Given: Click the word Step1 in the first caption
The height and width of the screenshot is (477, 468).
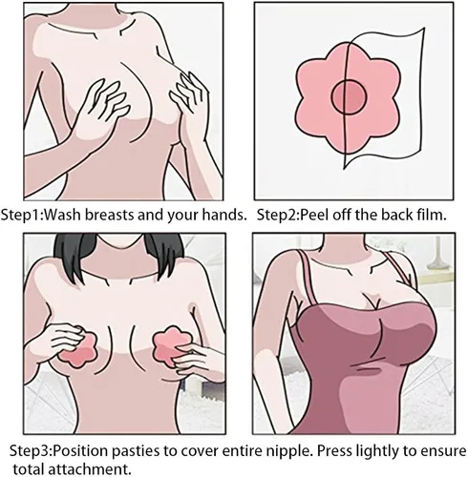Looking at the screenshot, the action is [x=20, y=215].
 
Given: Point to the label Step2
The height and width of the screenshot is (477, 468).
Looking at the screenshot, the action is [x=276, y=216].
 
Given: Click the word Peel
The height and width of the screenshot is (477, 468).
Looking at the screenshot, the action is [x=313, y=216].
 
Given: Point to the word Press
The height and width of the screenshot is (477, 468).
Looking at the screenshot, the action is [x=334, y=450].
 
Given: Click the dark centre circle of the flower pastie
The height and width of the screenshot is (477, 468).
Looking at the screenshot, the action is [x=349, y=97].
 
